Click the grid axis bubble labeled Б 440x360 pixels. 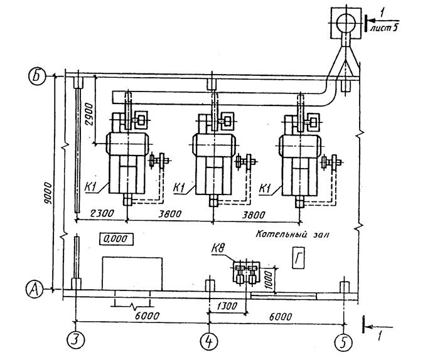[37, 77]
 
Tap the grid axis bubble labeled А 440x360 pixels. [35, 289]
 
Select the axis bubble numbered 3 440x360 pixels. [76, 341]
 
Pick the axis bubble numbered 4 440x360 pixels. [209, 341]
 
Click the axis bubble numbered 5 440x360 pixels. [344, 342]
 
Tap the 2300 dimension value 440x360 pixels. [102, 213]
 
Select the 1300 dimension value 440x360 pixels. [227, 305]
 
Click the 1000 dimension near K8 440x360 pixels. [269, 280]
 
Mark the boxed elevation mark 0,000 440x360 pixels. [115, 239]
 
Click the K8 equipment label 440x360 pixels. [220, 249]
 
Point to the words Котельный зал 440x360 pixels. [292, 234]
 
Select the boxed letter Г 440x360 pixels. [298, 258]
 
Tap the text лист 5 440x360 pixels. [384, 28]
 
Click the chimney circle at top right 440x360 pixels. [346, 23]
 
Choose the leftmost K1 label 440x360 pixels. [91, 188]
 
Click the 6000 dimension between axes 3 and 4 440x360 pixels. [147, 316]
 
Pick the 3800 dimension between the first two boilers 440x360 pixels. [169, 214]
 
